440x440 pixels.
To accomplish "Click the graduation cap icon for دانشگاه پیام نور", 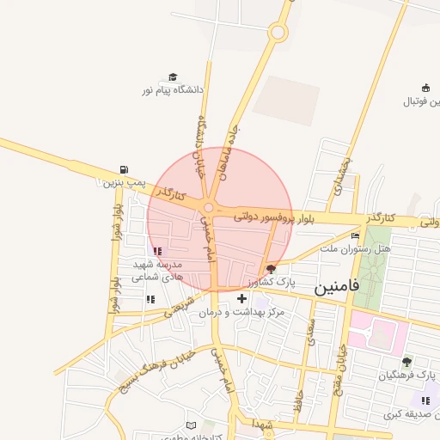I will click(x=172, y=77).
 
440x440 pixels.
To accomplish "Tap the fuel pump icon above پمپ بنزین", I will click(x=126, y=169).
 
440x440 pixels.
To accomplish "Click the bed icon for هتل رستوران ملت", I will click(x=355, y=236).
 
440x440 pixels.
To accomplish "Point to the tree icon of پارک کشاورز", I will click(x=272, y=269).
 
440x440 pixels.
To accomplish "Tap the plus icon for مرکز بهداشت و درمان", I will click(x=240, y=299).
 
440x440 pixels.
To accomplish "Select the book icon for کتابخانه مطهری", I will click(x=203, y=425).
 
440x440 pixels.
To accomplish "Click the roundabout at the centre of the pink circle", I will click(x=208, y=207).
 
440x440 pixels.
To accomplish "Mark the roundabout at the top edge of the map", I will click(x=278, y=34).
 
